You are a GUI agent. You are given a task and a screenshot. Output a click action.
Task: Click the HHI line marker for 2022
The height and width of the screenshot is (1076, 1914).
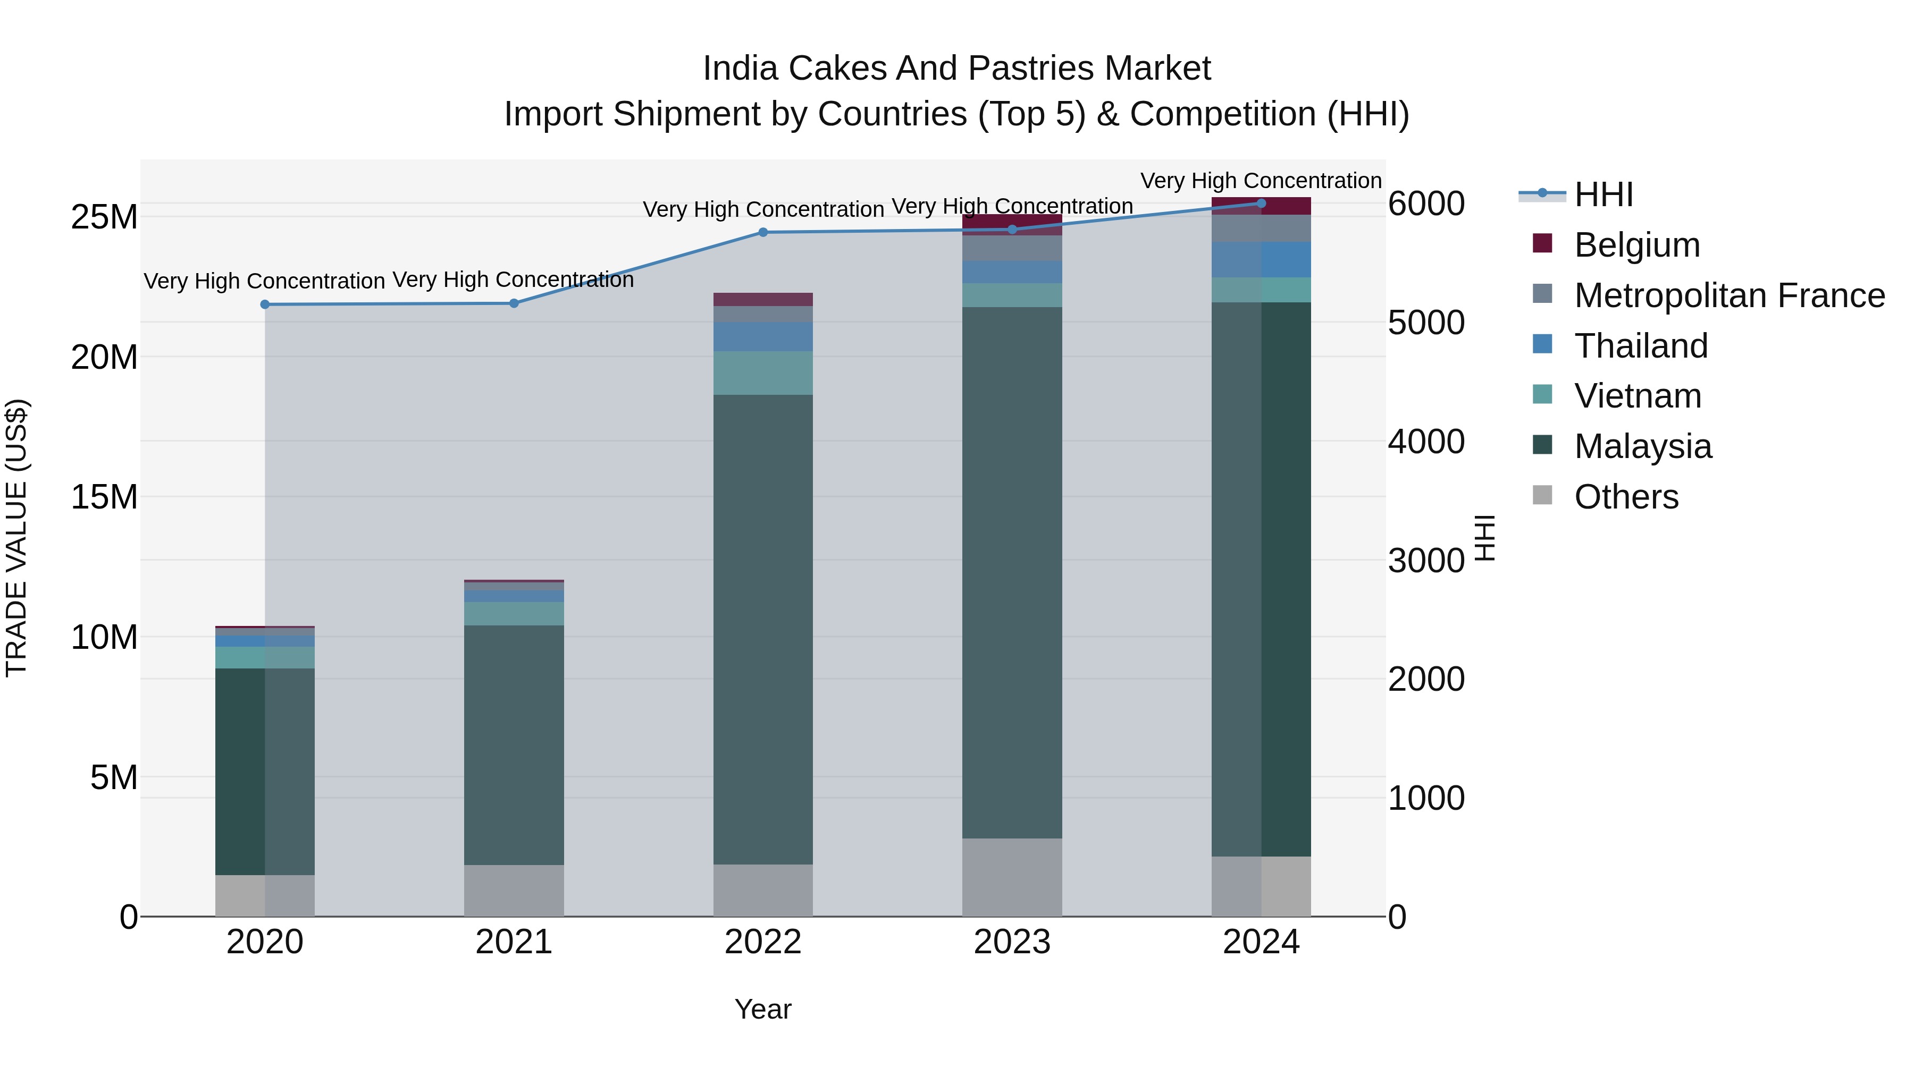click(762, 232)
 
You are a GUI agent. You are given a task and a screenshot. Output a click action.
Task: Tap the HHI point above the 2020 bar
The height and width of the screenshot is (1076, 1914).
click(265, 304)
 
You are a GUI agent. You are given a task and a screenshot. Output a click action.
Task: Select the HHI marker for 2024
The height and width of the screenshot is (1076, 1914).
click(1261, 204)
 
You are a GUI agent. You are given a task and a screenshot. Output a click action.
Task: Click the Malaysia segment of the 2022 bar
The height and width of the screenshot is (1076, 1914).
click(762, 629)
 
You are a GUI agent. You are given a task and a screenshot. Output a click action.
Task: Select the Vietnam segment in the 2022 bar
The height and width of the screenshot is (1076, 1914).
click(762, 373)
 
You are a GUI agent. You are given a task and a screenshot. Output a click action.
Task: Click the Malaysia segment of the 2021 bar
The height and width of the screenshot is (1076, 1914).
click(514, 745)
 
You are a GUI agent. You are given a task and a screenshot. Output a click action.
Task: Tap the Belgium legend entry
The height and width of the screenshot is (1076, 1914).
click(1637, 245)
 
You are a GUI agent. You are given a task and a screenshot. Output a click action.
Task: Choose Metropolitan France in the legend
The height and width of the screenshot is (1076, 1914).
click(1729, 295)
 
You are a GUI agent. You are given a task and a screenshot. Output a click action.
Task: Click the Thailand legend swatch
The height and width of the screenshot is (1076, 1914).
click(1542, 344)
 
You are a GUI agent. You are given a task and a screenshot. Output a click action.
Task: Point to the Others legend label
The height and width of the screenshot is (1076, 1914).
click(1626, 497)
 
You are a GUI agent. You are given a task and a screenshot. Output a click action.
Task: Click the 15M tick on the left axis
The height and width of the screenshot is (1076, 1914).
click(104, 497)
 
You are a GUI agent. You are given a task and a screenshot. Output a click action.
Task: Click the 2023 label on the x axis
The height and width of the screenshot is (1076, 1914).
click(1011, 942)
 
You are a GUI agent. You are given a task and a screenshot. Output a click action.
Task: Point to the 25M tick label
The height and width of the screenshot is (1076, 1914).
click(104, 217)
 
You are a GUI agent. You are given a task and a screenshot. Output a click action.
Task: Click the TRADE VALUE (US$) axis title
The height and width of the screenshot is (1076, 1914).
click(16, 538)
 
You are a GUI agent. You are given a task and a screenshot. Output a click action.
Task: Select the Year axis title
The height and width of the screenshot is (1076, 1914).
click(762, 1009)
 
